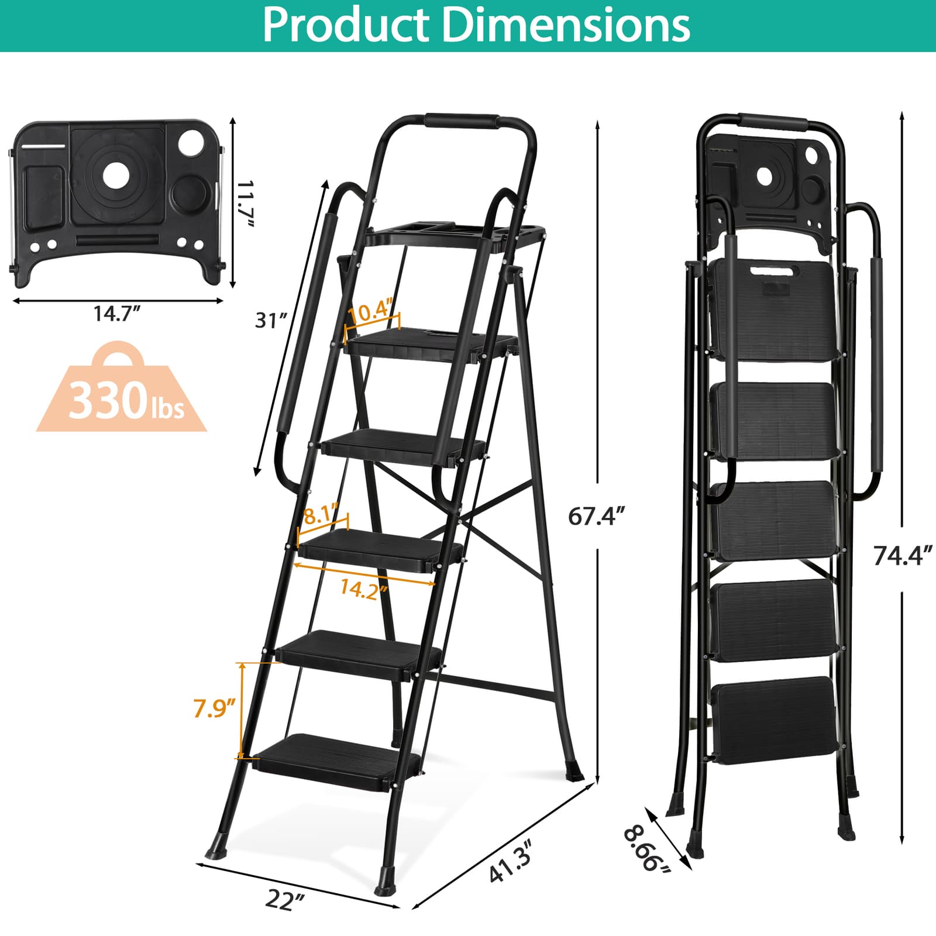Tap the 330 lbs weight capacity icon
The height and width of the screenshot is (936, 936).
pyautogui.click(x=122, y=398)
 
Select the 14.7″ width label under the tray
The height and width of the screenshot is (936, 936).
pyautogui.click(x=117, y=314)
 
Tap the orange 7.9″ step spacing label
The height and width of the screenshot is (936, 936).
pyautogui.click(x=214, y=709)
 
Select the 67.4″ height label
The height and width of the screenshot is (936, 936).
pyautogui.click(x=597, y=517)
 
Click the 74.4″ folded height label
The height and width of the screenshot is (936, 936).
pyautogui.click(x=901, y=556)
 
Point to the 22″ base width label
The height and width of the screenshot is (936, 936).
pyautogui.click(x=285, y=900)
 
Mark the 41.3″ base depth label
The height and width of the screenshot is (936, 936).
pyautogui.click(x=510, y=860)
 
